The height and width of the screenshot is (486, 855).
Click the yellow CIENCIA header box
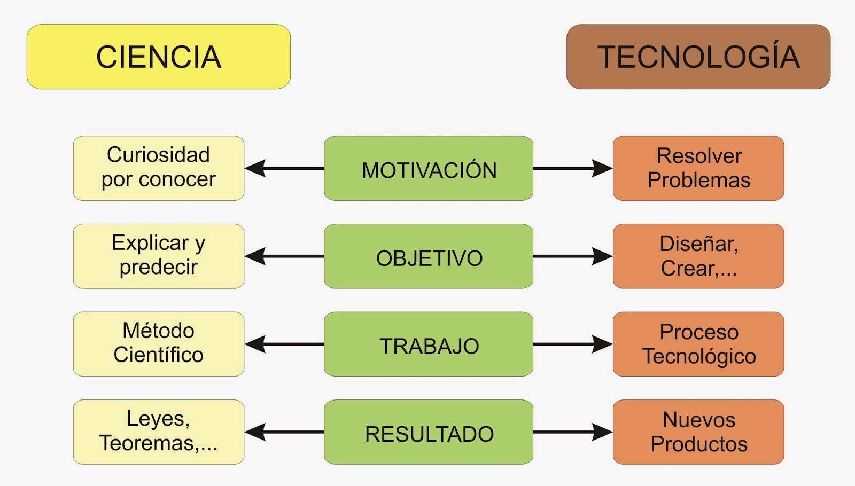[x=159, y=57]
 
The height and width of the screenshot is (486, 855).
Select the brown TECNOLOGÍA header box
[x=698, y=57]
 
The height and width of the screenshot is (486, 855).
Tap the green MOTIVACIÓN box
[x=429, y=168]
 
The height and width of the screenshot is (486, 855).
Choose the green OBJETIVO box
[x=429, y=256]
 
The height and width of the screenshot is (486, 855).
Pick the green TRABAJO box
[x=429, y=344]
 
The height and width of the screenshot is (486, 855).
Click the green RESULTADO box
[x=429, y=432]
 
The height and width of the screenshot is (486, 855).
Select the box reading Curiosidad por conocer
[x=159, y=168]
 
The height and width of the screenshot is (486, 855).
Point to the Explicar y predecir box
[x=159, y=256]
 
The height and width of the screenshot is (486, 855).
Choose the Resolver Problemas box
[x=698, y=168]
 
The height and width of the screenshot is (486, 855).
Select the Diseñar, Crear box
[x=698, y=256]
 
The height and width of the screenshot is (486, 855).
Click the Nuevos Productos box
[x=698, y=432]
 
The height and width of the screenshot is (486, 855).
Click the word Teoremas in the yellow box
[x=147, y=443]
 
